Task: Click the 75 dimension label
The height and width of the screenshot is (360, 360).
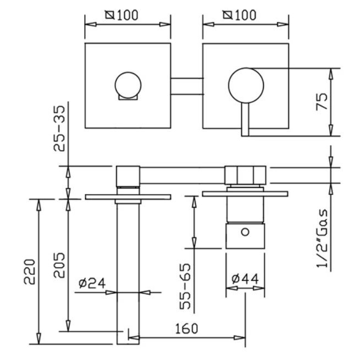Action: [x=322, y=101]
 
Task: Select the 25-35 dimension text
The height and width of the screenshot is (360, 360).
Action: [x=59, y=128]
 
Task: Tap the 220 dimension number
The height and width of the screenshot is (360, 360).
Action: [x=30, y=272]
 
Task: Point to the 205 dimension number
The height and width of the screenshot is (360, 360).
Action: [x=59, y=265]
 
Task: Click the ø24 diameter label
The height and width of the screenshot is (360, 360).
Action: [x=92, y=283]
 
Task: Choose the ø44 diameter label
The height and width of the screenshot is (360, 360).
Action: [x=245, y=279]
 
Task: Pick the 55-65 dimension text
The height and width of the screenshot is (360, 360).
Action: [x=185, y=286]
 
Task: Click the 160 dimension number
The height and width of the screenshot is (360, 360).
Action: [x=186, y=329]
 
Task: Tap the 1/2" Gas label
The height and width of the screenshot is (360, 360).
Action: [x=322, y=238]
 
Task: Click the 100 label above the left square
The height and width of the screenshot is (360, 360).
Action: [x=128, y=15]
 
